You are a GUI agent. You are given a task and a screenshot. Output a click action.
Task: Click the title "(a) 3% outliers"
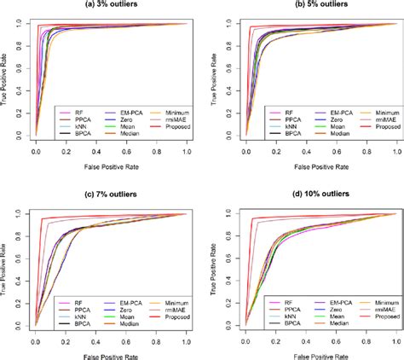click(x=114, y=7)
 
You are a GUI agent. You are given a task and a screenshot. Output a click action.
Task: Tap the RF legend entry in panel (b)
click(x=268, y=109)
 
